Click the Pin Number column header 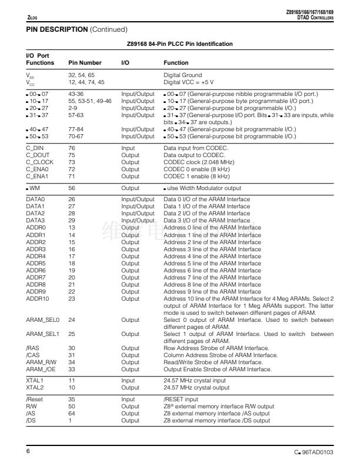(85, 62)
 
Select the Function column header (175, 62)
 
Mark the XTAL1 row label (35, 381)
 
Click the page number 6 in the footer (28, 450)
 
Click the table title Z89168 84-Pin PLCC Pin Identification (179, 44)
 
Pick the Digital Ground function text (182, 75)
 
